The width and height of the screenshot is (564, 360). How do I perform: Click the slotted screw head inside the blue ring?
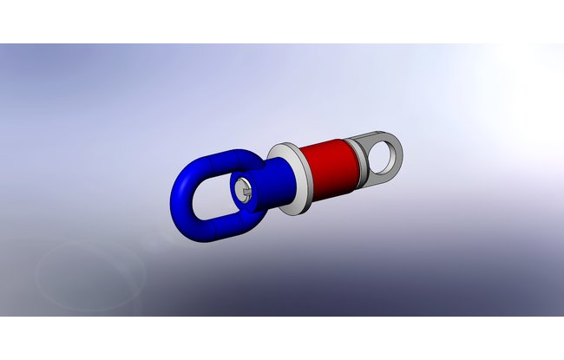pyautogui.click(x=241, y=188)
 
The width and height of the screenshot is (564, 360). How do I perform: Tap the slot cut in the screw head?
pyautogui.click(x=244, y=190)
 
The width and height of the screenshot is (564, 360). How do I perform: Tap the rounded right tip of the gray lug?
pyautogui.click(x=402, y=156)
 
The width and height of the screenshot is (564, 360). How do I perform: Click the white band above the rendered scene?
pyautogui.click(x=282, y=21)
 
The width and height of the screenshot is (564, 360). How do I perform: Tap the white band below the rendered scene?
pyautogui.click(x=282, y=338)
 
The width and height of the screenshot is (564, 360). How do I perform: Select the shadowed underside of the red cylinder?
pyautogui.click(x=334, y=190)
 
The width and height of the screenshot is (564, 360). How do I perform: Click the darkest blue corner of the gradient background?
pyautogui.click(x=547, y=308)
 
